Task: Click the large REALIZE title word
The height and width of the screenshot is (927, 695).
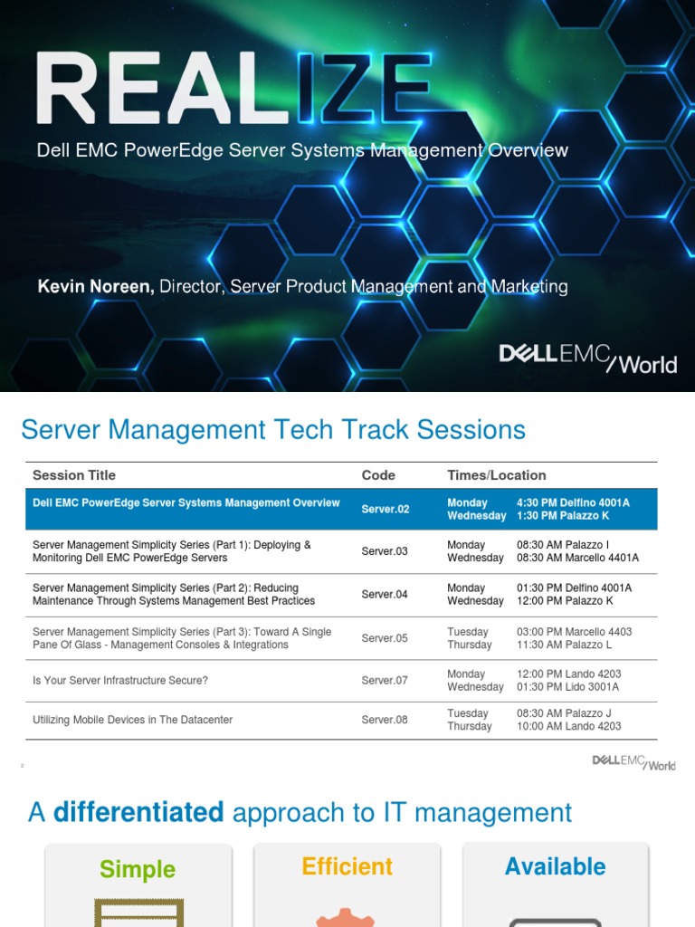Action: pos(233,89)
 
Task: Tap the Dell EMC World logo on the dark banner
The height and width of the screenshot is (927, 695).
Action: pos(587,358)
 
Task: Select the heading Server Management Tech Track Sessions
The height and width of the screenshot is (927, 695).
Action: pos(273,430)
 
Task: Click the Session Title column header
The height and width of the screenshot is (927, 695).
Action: pos(74,475)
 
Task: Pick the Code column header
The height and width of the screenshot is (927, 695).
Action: pos(378,475)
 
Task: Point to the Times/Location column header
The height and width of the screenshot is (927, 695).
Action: pos(496,475)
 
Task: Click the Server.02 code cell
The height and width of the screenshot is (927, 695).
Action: pos(386,510)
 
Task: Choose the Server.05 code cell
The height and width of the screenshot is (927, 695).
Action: pos(385,638)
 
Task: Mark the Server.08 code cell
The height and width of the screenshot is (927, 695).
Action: pos(385,721)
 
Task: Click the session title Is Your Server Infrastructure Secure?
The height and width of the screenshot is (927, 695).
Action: pos(120,681)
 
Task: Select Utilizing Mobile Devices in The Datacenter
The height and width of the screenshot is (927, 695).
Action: pos(133,721)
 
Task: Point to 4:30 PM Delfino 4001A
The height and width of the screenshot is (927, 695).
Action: pos(573,503)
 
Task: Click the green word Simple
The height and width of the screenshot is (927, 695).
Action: pos(138,870)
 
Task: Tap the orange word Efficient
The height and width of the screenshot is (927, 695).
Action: pos(347,867)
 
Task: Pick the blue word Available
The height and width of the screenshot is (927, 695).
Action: pos(556,867)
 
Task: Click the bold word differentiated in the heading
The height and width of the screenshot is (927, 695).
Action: pos(138,813)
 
